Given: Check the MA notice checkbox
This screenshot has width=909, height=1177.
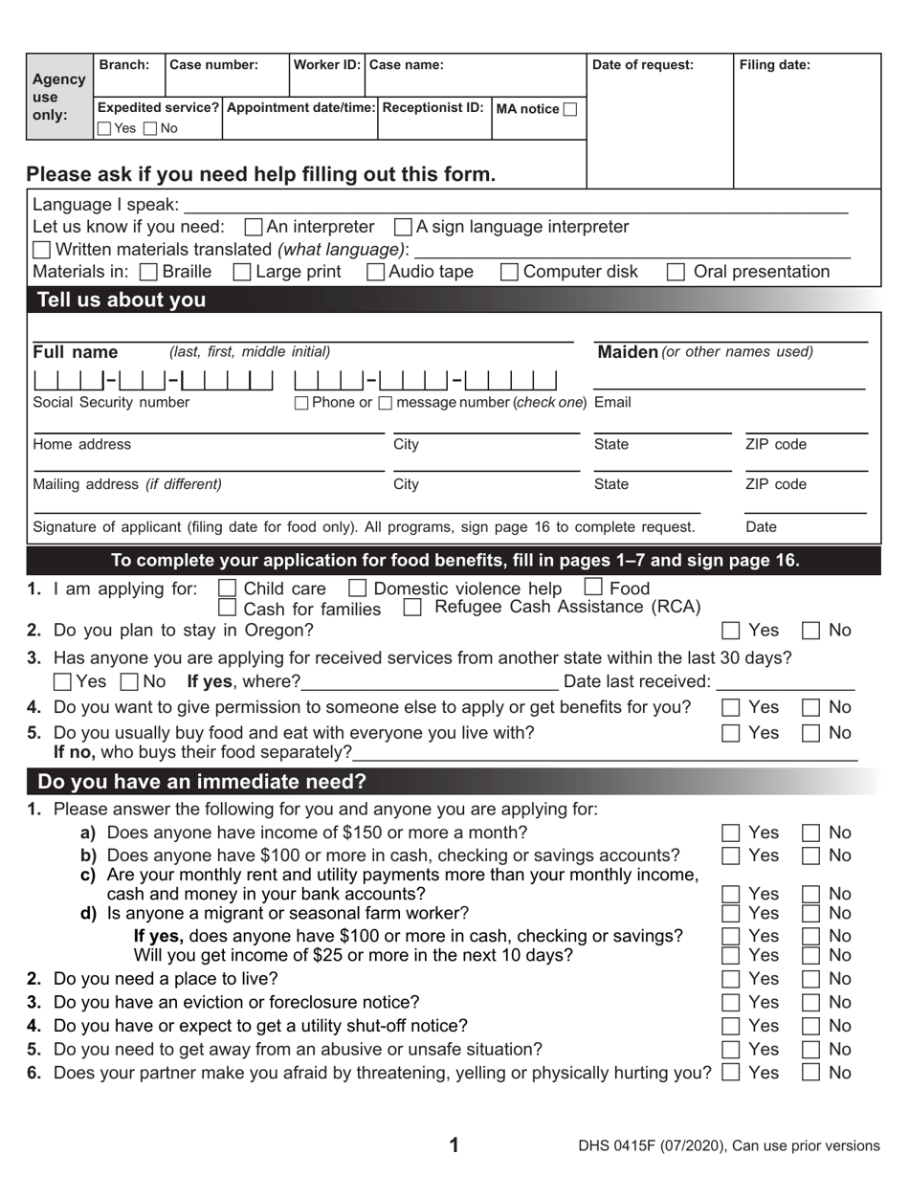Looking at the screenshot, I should coord(570,109).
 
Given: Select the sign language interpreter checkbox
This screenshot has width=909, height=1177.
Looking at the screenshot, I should coord(404,228).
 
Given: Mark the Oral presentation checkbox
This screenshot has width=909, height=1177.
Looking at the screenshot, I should coord(676,273).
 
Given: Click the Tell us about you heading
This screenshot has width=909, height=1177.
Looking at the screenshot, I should coord(122,300).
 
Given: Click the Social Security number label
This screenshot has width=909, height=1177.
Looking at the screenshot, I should coord(111,403).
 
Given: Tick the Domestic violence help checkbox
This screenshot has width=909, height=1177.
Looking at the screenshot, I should coord(357,588).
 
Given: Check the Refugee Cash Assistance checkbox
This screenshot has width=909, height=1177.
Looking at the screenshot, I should coord(412,608).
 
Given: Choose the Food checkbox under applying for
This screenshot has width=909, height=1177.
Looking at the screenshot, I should coord(593,588).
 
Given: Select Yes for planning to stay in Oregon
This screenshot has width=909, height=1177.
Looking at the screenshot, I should coord(731,631).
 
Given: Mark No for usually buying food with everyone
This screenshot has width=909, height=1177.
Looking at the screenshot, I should coord(810,734).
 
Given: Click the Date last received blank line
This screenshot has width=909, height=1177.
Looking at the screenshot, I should coord(785,683).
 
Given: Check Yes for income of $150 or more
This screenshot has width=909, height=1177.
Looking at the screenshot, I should coord(731,833).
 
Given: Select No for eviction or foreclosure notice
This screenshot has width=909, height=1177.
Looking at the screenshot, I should coord(810,1003).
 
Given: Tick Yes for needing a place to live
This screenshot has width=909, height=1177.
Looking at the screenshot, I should coord(731,980).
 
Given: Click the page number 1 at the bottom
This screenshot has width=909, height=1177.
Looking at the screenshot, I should coord(454,1145).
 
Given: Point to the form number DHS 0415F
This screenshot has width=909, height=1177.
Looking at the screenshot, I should coord(623,1146).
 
